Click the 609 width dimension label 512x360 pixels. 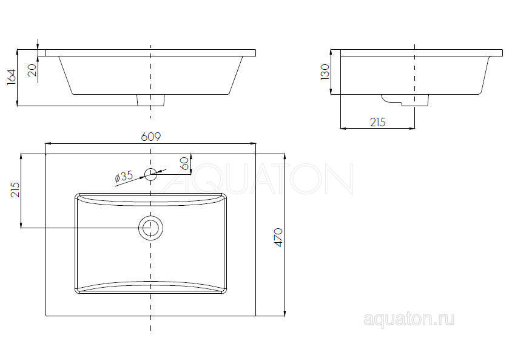click(151, 137)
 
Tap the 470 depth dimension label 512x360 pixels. click(278, 237)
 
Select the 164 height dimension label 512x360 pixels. click(12, 77)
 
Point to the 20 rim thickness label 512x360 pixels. click(32, 70)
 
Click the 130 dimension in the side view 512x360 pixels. click(325, 72)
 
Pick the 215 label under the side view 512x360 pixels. click(378, 122)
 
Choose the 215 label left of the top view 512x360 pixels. click(15, 190)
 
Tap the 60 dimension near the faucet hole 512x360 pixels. click(184, 163)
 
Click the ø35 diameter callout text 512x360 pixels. click(124, 177)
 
